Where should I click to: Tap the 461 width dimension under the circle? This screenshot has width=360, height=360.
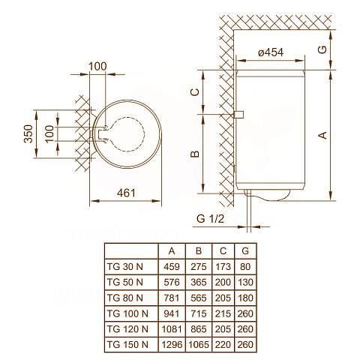pos(126,193)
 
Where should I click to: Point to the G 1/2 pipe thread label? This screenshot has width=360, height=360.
pos(211,218)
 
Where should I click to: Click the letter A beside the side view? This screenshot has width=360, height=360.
pos(322,135)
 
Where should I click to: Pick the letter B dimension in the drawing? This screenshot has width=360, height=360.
pos(193,154)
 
